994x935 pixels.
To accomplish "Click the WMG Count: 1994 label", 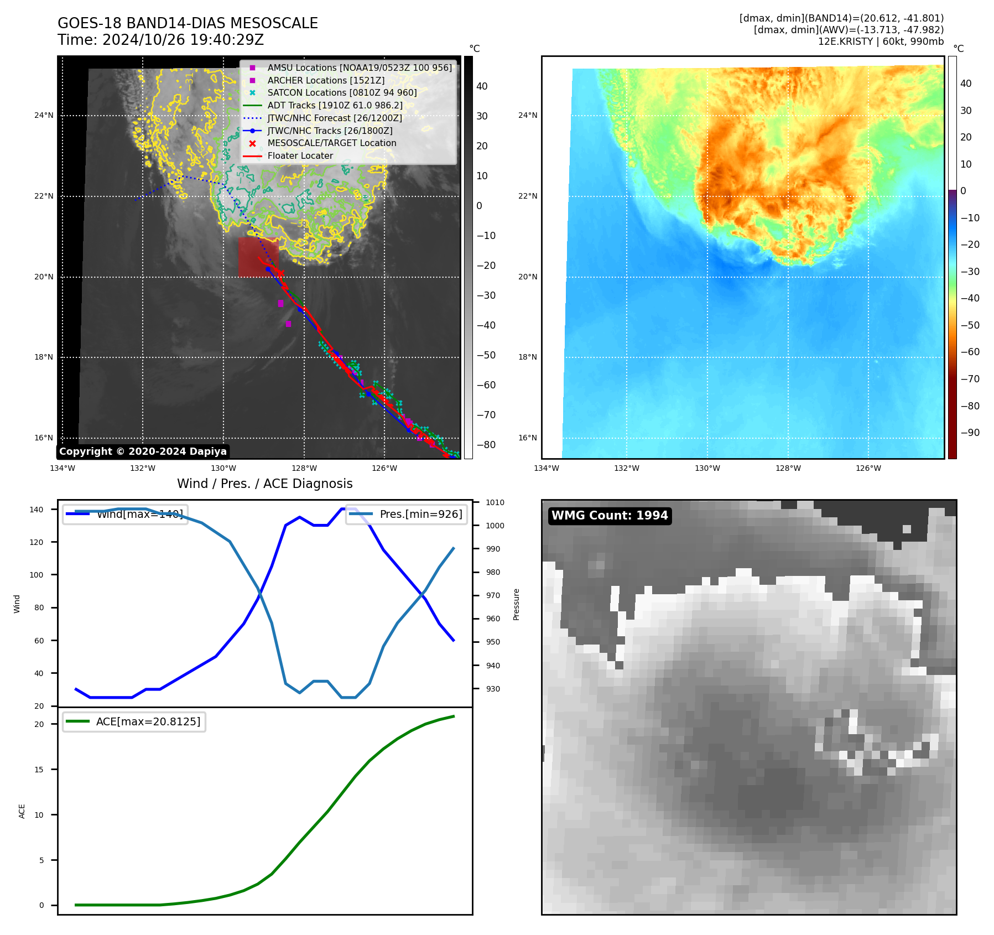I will click(x=610, y=516).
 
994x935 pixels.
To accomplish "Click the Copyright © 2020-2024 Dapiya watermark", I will click(x=143, y=451).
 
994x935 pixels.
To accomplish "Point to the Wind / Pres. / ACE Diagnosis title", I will click(x=264, y=484).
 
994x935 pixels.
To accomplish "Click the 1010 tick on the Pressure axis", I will click(x=495, y=502).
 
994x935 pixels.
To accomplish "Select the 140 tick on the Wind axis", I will click(x=37, y=510).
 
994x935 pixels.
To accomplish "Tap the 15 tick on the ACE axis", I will click(x=39, y=770).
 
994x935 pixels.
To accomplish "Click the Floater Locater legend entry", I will click(x=300, y=156).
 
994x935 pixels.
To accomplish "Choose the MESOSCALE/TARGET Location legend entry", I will click(x=332, y=143).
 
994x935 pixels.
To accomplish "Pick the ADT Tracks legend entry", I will click(x=335, y=105).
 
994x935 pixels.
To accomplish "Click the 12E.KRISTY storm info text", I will click(x=881, y=41).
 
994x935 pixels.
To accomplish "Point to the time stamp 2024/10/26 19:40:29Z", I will click(x=183, y=40).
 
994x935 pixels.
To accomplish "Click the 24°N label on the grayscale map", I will click(x=44, y=116).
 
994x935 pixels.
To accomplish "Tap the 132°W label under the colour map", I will click(x=626, y=468).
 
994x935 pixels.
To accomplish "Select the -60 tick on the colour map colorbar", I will click(x=970, y=352).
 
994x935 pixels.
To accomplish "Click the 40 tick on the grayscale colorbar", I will click(x=482, y=86).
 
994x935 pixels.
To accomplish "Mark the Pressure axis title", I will click(x=516, y=604).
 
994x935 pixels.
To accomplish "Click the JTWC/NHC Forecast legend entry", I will click(x=335, y=118).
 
